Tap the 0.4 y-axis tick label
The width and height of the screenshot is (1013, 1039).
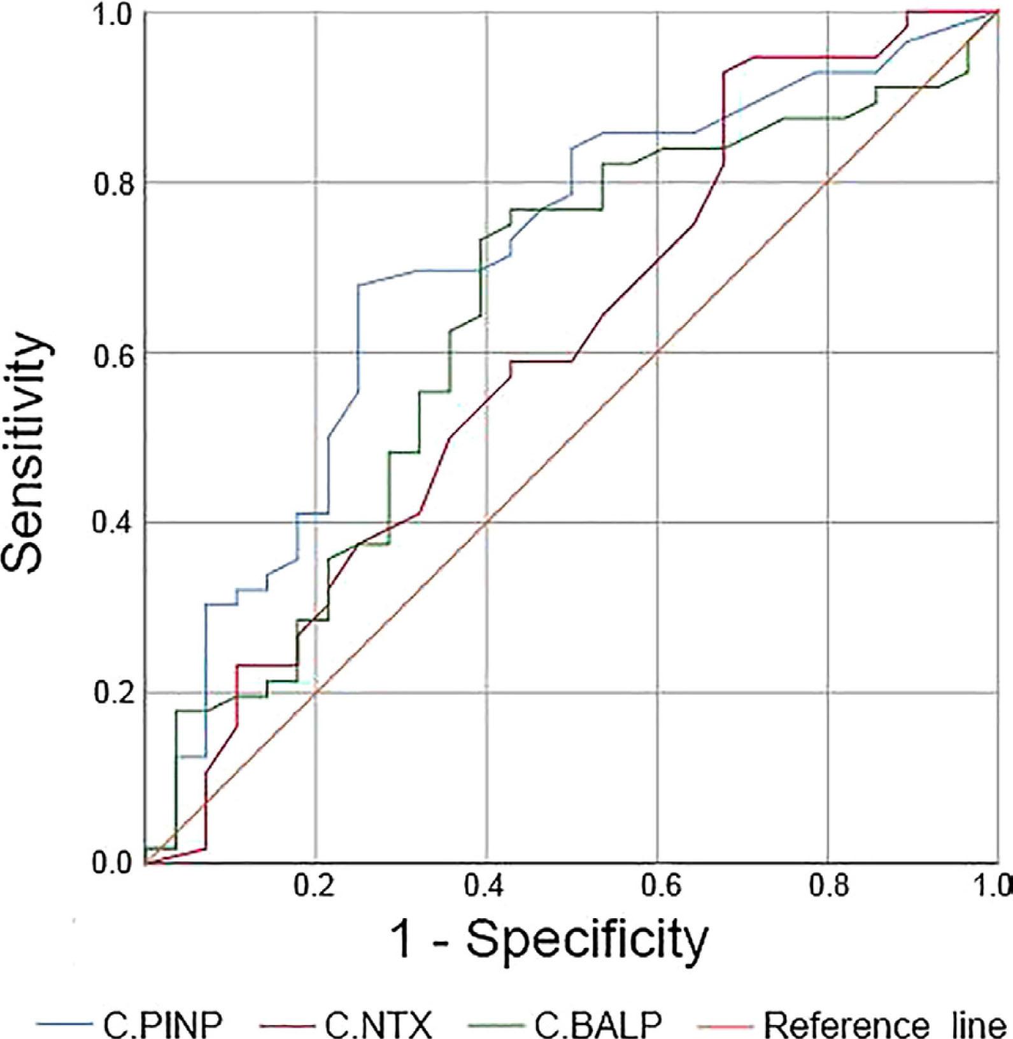click(x=112, y=523)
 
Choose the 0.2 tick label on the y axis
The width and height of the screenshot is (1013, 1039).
click(x=112, y=693)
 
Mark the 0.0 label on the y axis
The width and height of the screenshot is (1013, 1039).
click(x=112, y=863)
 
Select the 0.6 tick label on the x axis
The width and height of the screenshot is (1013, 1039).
click(x=657, y=886)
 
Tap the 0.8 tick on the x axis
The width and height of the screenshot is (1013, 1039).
click(x=828, y=886)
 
